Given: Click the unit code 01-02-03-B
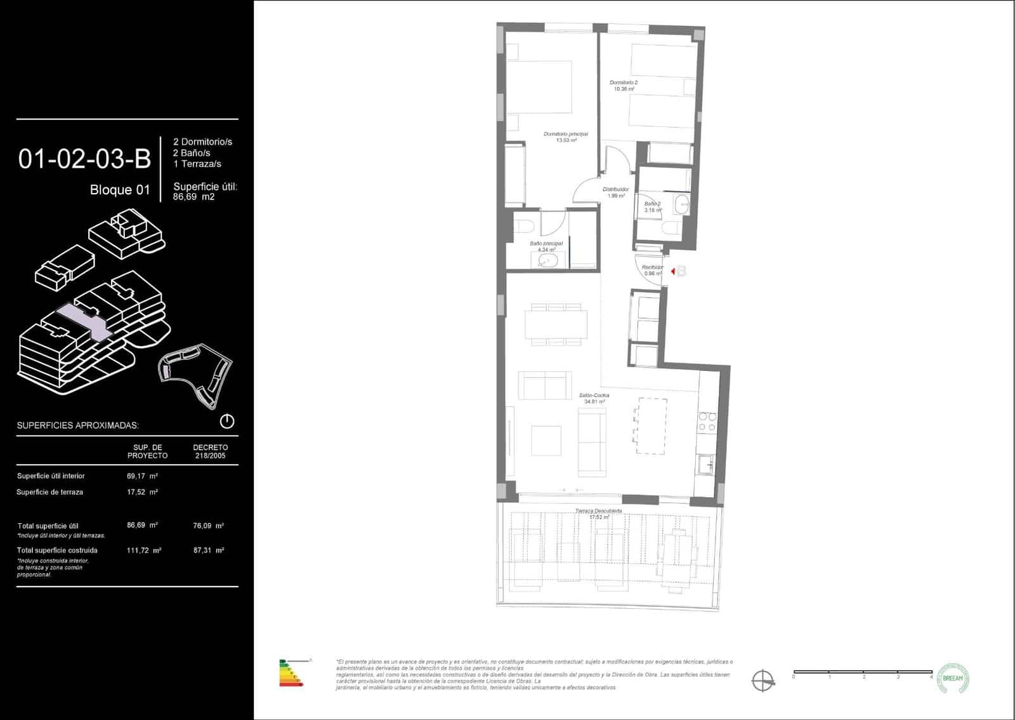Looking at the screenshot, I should tap(84, 159).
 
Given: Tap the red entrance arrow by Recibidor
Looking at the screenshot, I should tap(673, 271).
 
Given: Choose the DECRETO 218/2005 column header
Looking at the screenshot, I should tap(211, 451).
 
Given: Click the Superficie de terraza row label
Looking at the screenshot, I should tap(49, 492).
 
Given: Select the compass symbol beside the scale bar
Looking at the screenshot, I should tap(763, 681).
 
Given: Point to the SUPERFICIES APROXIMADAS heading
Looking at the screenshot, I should tap(78, 425).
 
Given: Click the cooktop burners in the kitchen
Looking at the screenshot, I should tap(707, 422).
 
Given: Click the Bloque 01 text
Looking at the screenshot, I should tap(120, 190).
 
